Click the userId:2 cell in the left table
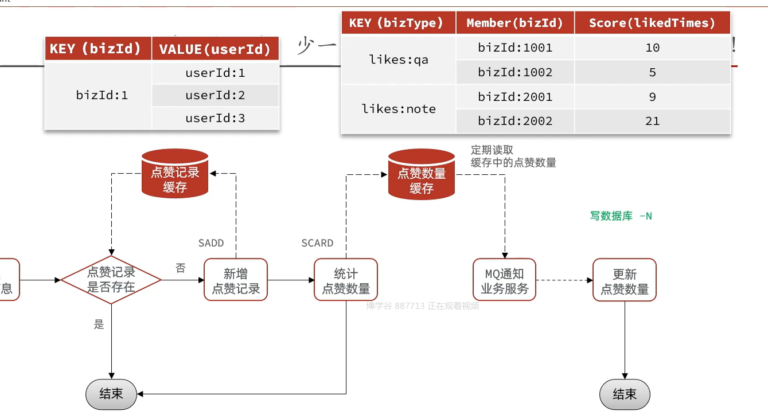[215, 95]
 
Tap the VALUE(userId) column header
[215, 49]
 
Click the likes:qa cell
[399, 60]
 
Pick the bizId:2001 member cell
[515, 97]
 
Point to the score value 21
[652, 121]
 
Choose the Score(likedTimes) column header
[652, 23]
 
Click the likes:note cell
[399, 109]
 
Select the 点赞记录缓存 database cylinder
[175, 173]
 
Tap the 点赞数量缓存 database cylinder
[422, 173]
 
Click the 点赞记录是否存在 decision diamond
[111, 280]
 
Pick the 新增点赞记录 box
[236, 280]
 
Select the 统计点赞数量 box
[346, 280]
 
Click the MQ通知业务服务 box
[504, 280]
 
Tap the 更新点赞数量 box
[624, 280]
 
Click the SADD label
[211, 243]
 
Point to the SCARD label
[317, 243]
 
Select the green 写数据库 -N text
[621, 216]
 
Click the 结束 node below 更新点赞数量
[624, 394]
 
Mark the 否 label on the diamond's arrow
[181, 268]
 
